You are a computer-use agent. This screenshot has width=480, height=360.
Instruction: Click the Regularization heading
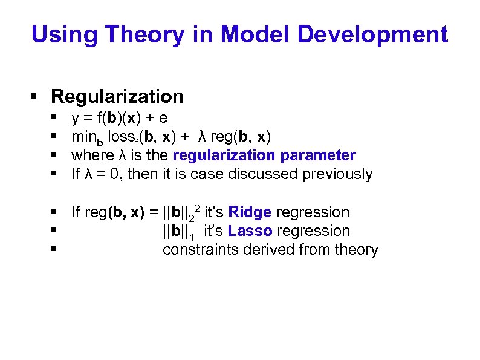117,96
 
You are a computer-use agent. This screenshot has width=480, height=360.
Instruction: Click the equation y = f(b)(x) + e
120,118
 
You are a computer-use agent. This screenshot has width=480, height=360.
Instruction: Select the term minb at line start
83,138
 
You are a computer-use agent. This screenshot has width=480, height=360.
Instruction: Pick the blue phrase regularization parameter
264,155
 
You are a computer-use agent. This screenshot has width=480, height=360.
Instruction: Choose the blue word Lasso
250,231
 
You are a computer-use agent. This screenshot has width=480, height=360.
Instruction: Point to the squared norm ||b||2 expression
180,213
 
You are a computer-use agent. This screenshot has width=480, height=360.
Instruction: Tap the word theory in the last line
355,250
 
